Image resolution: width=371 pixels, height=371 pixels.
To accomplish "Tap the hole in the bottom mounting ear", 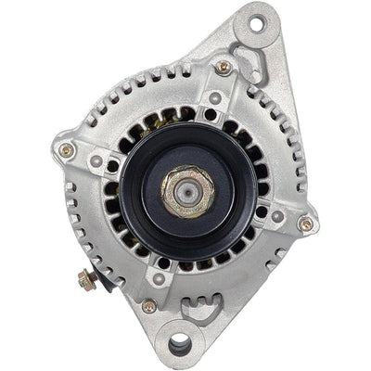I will tap(180, 345).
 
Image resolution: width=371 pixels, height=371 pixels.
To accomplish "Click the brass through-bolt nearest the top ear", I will tap(223, 68).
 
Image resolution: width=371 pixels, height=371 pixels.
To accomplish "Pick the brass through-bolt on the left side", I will tap(66, 149).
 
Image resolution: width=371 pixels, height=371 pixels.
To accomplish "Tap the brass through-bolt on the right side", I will tap(305, 224).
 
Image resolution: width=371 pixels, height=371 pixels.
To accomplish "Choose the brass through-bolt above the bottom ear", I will tap(149, 305).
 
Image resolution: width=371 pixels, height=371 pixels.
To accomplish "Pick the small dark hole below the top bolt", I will tap(215, 98).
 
